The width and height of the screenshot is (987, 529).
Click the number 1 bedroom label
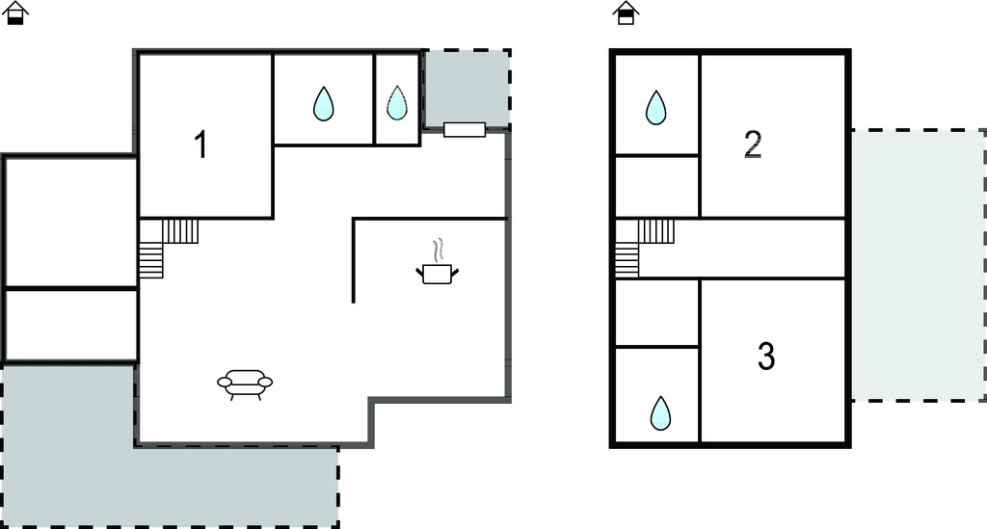200,144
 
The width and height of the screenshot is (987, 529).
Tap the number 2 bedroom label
753,144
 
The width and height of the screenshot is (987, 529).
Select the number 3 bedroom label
766,356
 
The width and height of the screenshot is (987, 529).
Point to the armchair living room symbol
245,384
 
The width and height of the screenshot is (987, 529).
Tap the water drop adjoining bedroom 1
324,103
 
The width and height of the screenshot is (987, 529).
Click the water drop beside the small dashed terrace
396,102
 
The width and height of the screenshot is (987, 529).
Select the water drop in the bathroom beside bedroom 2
655,107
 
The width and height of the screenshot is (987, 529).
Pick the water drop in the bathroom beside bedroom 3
660,412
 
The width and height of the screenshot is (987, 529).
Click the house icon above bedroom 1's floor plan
15,13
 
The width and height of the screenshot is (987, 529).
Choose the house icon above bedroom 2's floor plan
626,13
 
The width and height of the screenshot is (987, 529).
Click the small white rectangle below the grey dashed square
465,129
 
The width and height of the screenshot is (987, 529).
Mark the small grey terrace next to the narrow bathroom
467,89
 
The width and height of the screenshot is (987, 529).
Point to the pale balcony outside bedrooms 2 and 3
919,265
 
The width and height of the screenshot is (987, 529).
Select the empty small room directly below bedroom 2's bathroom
656,187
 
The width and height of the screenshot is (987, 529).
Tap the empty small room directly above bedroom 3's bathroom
656,312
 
